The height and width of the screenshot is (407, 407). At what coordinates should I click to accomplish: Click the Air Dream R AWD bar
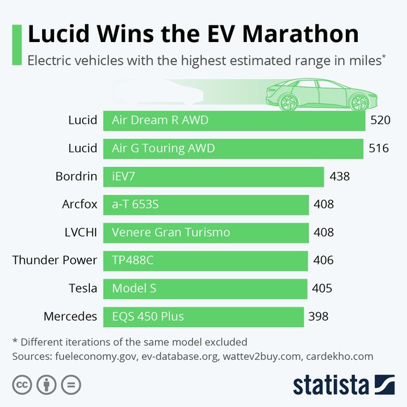234,121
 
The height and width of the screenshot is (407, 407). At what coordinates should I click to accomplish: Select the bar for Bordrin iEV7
213,176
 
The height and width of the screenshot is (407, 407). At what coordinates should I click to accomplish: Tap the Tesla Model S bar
205,288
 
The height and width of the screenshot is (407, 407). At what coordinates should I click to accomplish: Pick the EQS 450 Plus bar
203,316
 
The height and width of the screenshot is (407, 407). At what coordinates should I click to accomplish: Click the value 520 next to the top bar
380,121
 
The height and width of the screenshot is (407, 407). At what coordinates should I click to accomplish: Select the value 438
339,176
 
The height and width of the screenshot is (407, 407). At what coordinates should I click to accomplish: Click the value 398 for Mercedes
318,316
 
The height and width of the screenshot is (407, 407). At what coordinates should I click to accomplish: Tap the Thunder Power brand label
55,260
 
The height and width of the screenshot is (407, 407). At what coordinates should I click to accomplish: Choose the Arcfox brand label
79,204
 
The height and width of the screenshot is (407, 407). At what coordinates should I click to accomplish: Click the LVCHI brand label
81,232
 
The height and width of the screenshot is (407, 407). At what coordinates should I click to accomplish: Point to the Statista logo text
331,385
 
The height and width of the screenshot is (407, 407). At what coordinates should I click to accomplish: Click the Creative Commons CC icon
22,385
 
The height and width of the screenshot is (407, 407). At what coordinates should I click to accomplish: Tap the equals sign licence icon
69,385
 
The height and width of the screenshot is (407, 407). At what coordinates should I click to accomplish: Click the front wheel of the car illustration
288,102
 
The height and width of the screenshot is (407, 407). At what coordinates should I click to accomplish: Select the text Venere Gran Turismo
171,232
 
